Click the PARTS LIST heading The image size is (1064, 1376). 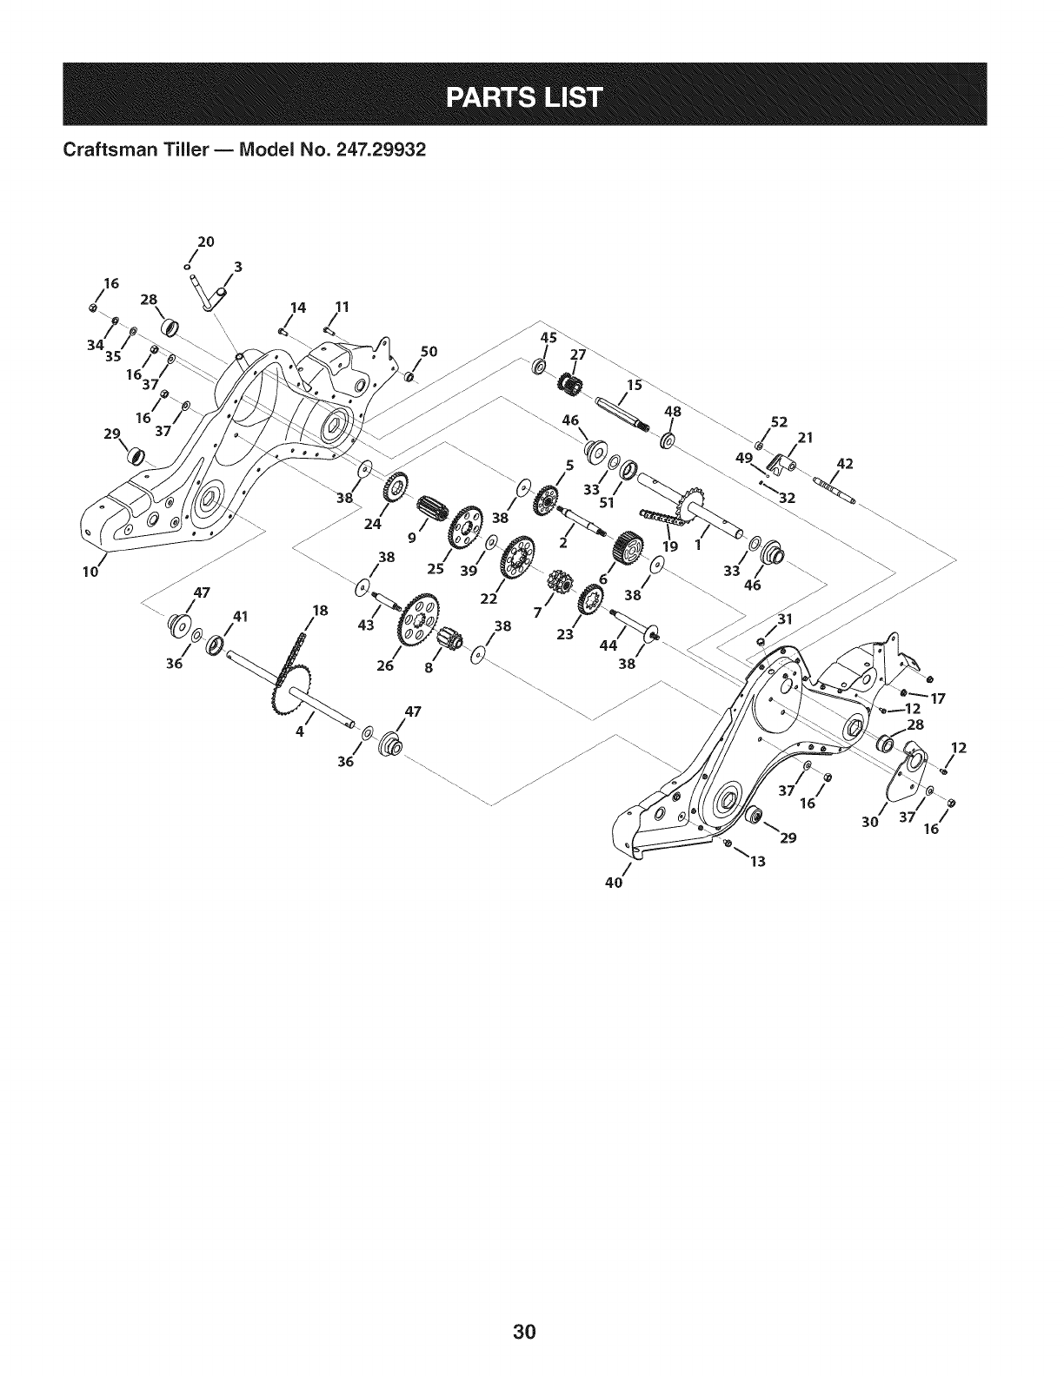point(531,96)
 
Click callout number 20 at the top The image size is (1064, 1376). point(207,241)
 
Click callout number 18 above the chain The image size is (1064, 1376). point(319,611)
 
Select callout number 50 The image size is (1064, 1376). point(427,352)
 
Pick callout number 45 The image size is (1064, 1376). point(548,337)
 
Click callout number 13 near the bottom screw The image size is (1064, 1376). point(758,862)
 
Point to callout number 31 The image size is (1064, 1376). point(786,619)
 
